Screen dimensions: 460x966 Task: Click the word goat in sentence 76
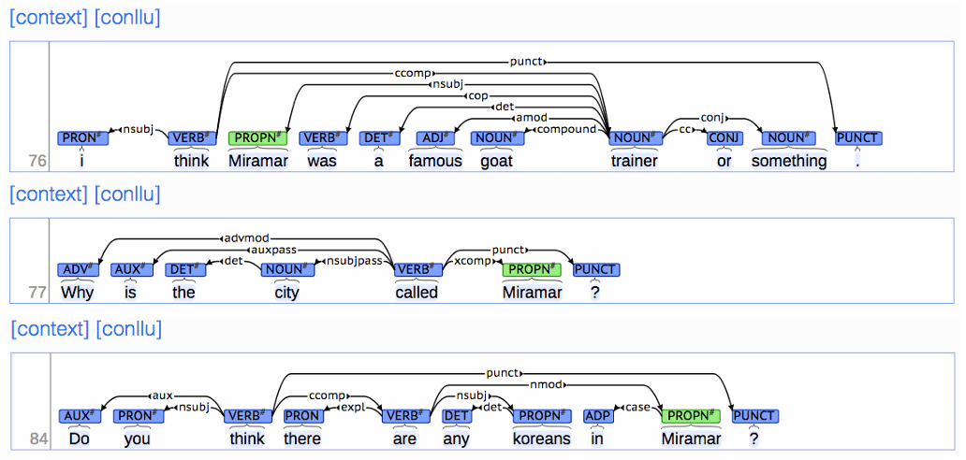pos(497,161)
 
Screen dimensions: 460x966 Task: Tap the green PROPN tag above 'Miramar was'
pos(257,138)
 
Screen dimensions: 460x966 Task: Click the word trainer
pos(635,161)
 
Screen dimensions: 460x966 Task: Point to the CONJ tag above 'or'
pos(724,138)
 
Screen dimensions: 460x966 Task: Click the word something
pos(789,161)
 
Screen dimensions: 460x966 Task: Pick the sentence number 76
pos(37,161)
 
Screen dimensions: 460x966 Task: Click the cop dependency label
pos(478,95)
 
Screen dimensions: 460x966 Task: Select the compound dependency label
pos(565,129)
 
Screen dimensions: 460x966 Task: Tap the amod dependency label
pos(531,118)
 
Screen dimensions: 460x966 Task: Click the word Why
pos(78,293)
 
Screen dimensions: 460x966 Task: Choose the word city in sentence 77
pos(286,293)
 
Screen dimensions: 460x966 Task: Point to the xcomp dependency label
pos(473,261)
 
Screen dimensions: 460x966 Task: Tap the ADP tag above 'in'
pos(599,416)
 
